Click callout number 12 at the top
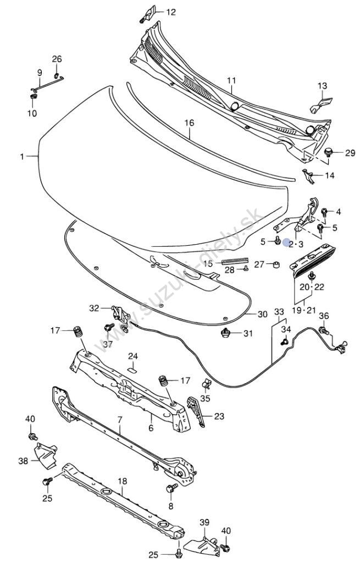171,12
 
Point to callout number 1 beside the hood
23,157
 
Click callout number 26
57,59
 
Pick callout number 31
248,333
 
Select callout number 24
134,356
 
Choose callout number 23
219,417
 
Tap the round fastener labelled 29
329,152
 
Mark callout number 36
324,316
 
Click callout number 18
123,481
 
